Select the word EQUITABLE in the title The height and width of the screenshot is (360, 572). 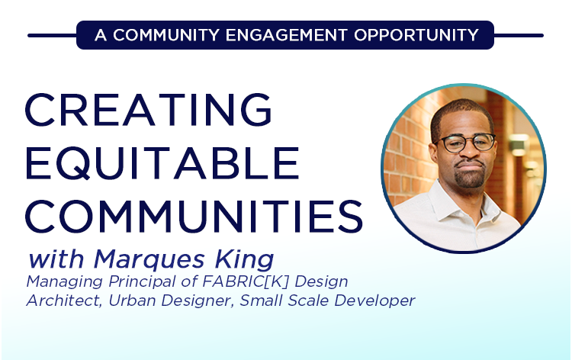tap(162, 163)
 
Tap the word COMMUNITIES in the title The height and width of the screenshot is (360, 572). tap(194, 216)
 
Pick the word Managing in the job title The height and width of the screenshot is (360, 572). tap(59, 281)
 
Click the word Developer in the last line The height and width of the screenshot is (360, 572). tap(378, 301)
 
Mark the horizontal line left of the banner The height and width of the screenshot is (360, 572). tap(52, 35)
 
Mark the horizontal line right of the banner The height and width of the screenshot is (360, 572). tap(519, 35)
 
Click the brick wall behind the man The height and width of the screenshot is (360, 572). tap(408, 153)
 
